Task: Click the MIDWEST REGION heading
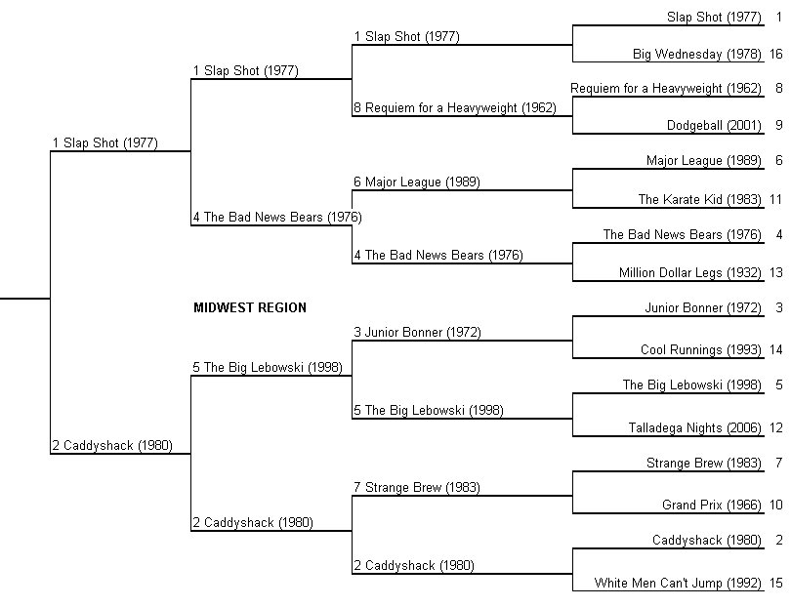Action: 250,307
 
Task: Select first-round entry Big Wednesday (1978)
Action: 696,55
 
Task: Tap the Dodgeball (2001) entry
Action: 714,126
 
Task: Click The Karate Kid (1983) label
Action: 699,200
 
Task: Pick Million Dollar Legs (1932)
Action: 690,272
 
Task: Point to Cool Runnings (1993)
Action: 701,350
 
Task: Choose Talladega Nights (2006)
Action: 694,428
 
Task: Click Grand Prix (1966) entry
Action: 711,506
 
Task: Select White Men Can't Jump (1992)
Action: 678,584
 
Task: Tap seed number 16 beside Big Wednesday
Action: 776,54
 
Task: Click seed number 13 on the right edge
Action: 776,272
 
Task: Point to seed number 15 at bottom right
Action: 776,584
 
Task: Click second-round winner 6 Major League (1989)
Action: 417,182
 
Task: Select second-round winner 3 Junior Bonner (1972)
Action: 417,332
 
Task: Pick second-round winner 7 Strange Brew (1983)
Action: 417,488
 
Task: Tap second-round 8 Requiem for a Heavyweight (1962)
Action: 455,108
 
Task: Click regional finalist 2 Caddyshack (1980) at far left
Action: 112,446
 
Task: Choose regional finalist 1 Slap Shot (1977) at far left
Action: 105,143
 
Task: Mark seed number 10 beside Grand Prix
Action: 776,505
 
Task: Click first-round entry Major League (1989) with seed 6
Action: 704,161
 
